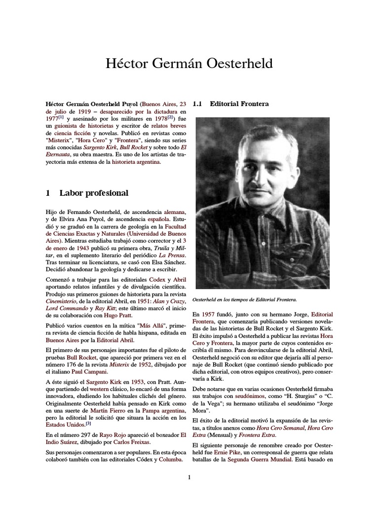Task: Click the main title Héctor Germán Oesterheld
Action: coord(189,64)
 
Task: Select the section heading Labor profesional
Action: coord(94,193)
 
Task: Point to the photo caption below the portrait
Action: coord(244,300)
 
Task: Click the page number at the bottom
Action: coord(189,477)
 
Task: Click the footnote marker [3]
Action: coord(88,423)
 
